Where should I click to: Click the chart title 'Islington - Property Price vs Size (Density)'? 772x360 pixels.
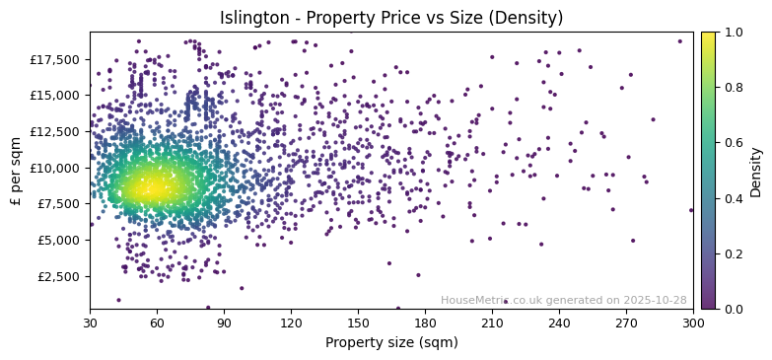click(391, 18)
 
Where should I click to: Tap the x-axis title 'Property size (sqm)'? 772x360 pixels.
click(391, 343)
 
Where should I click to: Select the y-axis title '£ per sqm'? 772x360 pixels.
click(16, 171)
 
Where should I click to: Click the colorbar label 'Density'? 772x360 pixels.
click(756, 171)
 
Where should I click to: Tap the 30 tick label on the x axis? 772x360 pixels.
click(90, 323)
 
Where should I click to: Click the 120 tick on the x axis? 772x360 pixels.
click(291, 323)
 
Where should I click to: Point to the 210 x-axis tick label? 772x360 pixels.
click(492, 323)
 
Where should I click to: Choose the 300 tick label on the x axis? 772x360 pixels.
click(693, 323)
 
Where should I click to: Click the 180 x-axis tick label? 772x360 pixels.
click(425, 323)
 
